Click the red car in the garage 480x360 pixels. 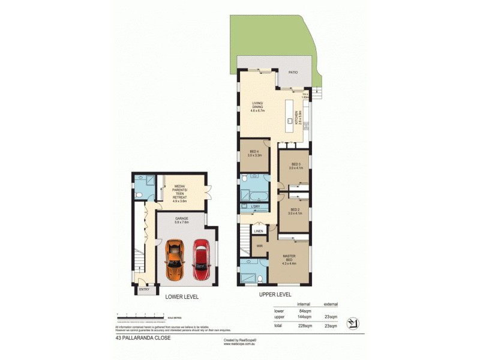pyautogui.click(x=201, y=259)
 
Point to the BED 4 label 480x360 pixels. pyautogui.click(x=254, y=153)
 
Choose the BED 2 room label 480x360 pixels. pyautogui.click(x=295, y=210)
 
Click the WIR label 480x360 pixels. pyautogui.click(x=259, y=246)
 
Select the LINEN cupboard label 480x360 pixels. pyautogui.click(x=259, y=231)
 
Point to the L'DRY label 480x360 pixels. pyautogui.click(x=255, y=207)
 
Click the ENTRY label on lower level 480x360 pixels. pyautogui.click(x=144, y=290)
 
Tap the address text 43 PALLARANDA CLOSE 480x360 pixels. pyautogui.click(x=143, y=338)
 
